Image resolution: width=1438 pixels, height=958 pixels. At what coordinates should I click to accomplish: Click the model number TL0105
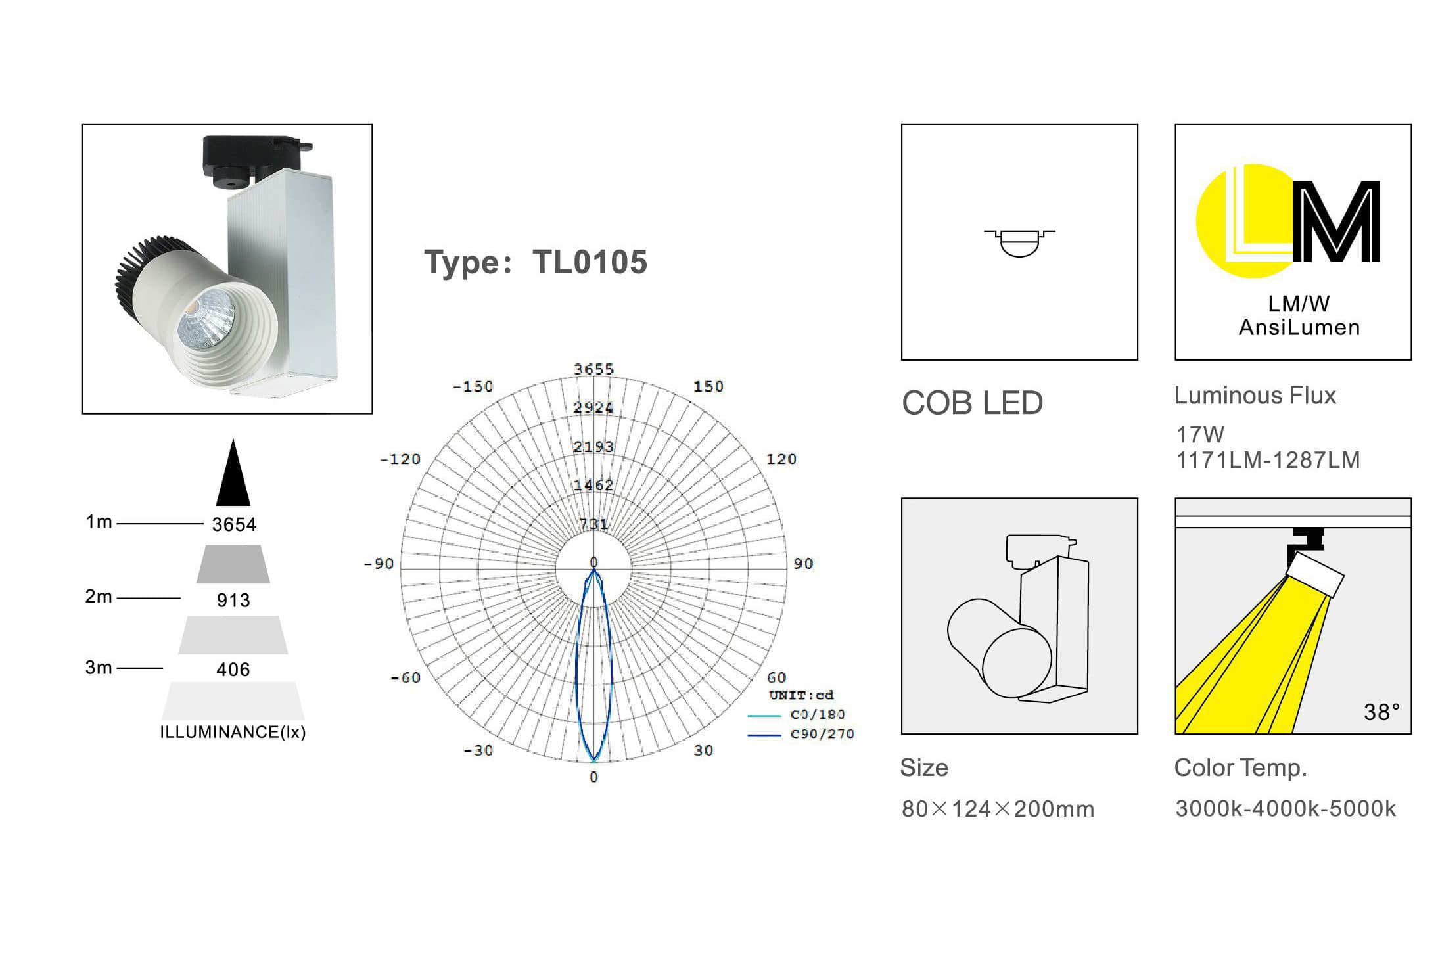point(590,262)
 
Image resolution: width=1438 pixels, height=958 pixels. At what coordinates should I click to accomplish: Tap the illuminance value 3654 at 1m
point(234,524)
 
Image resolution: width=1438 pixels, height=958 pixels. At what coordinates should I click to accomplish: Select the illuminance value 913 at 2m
point(233,600)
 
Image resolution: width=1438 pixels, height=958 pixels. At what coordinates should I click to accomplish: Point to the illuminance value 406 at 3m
point(233,670)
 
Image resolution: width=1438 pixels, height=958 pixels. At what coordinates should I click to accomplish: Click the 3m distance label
point(99,668)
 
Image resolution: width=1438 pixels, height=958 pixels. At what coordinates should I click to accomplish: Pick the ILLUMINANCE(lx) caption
point(233,732)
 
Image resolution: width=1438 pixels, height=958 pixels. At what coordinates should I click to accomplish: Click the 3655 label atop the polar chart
point(593,369)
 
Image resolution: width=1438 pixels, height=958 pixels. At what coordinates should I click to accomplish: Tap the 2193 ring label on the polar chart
point(593,447)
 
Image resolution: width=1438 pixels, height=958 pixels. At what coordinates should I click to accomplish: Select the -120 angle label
point(400,459)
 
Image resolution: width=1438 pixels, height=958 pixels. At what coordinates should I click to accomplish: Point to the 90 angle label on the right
point(803,564)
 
